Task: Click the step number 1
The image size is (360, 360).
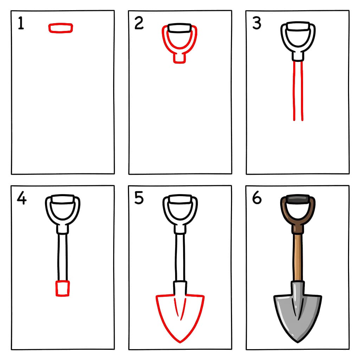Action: point(21,23)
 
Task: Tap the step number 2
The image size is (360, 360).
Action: point(139,23)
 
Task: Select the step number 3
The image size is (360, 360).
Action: point(257,23)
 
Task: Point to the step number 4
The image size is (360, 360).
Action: point(21,198)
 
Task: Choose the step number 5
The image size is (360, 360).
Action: point(139,198)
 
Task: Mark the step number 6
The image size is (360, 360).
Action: point(257,198)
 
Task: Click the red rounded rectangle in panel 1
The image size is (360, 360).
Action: point(60,28)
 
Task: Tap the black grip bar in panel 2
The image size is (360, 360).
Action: point(179,28)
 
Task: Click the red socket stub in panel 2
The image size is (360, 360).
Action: point(179,58)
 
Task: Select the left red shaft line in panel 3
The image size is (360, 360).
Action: point(294,91)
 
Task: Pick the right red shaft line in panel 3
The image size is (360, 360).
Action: point(302,91)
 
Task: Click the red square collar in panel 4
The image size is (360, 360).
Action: point(63,288)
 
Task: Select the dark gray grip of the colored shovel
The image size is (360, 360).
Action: point(297,199)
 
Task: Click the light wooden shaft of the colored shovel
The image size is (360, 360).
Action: point(297,257)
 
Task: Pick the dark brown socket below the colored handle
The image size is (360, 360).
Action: point(297,229)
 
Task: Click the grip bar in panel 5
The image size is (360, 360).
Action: point(180,199)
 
